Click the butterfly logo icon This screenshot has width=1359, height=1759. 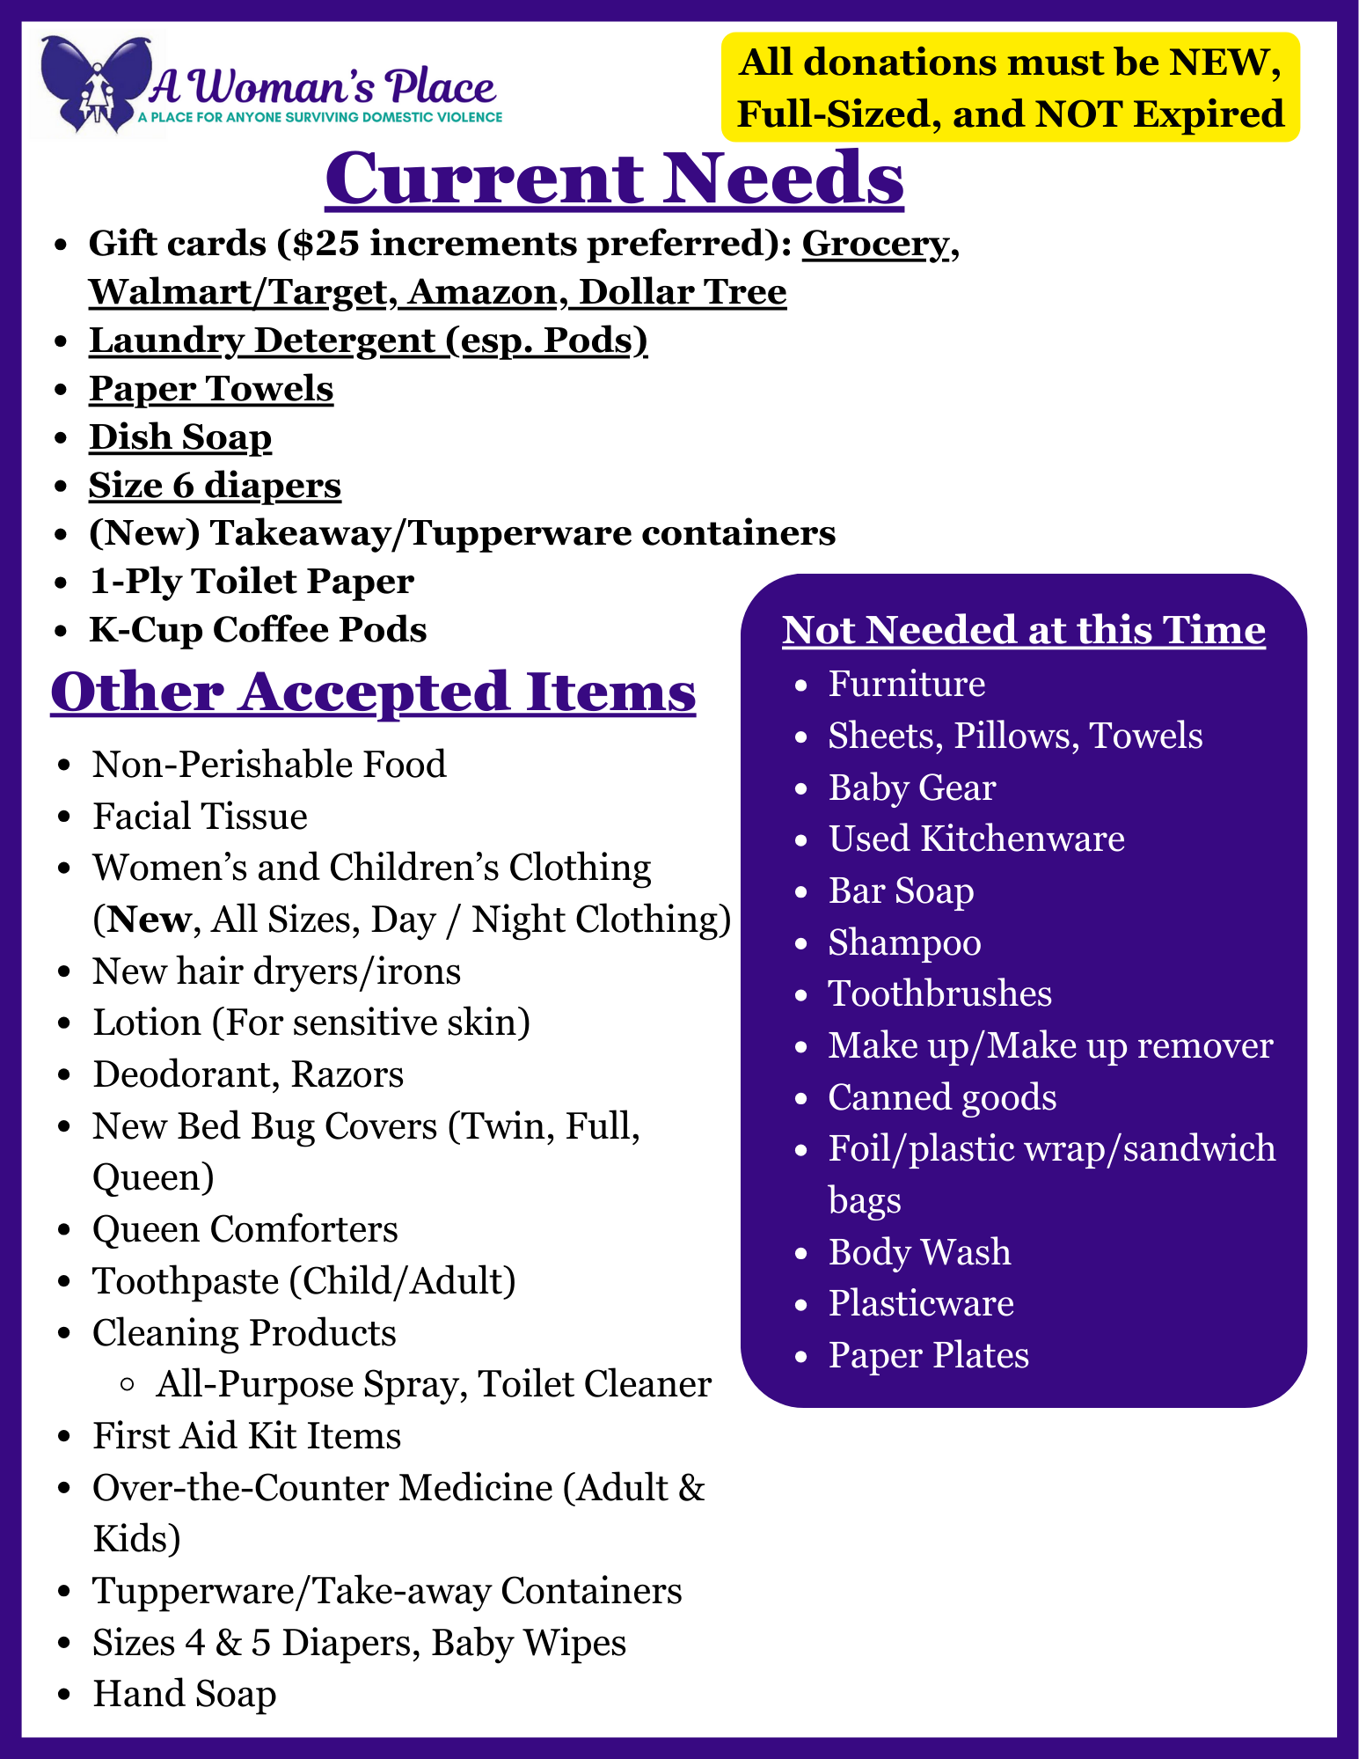[x=97, y=84]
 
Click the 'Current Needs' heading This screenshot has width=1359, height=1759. [x=614, y=179]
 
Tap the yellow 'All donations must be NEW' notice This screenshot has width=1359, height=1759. [x=1010, y=88]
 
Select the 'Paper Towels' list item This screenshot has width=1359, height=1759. [x=211, y=389]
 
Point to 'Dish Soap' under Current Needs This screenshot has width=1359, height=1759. [x=180, y=437]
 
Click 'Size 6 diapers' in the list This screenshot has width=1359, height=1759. [x=215, y=486]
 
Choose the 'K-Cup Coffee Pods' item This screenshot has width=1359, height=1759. [x=258, y=630]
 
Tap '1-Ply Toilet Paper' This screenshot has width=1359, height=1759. [x=252, y=582]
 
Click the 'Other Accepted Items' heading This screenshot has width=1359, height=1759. [x=373, y=692]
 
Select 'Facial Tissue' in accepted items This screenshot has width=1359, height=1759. [x=200, y=817]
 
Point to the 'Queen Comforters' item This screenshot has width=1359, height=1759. [x=245, y=1229]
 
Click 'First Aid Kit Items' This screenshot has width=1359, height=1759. [x=246, y=1436]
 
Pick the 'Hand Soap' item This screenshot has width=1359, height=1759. [x=184, y=1695]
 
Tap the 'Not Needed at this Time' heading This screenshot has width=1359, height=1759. [x=1024, y=630]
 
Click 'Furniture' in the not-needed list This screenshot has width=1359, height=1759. [x=906, y=685]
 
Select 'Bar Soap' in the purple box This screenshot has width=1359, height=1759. [x=901, y=891]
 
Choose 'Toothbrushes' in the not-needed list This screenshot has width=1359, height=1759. [x=939, y=994]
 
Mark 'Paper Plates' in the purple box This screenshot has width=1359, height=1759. [x=928, y=1356]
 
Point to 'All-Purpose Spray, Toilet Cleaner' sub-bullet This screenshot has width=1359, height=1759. [x=433, y=1385]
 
